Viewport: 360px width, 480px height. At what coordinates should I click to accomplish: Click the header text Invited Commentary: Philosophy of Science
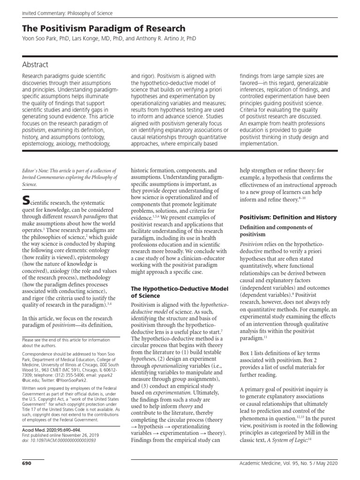tap(64, 13)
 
